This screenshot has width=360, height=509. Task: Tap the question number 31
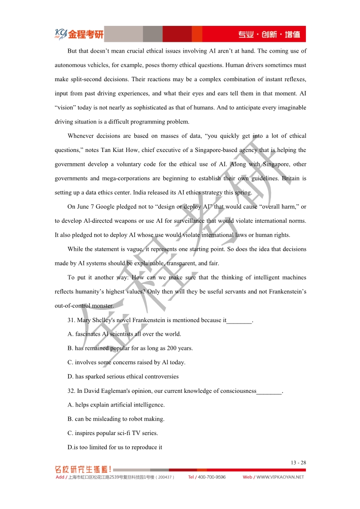click(71, 320)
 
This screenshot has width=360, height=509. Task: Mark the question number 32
click(71, 391)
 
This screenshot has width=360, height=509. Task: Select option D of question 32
click(115, 447)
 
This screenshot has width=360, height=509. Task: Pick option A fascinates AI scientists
click(124, 334)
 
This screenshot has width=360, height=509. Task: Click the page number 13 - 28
click(298, 463)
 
